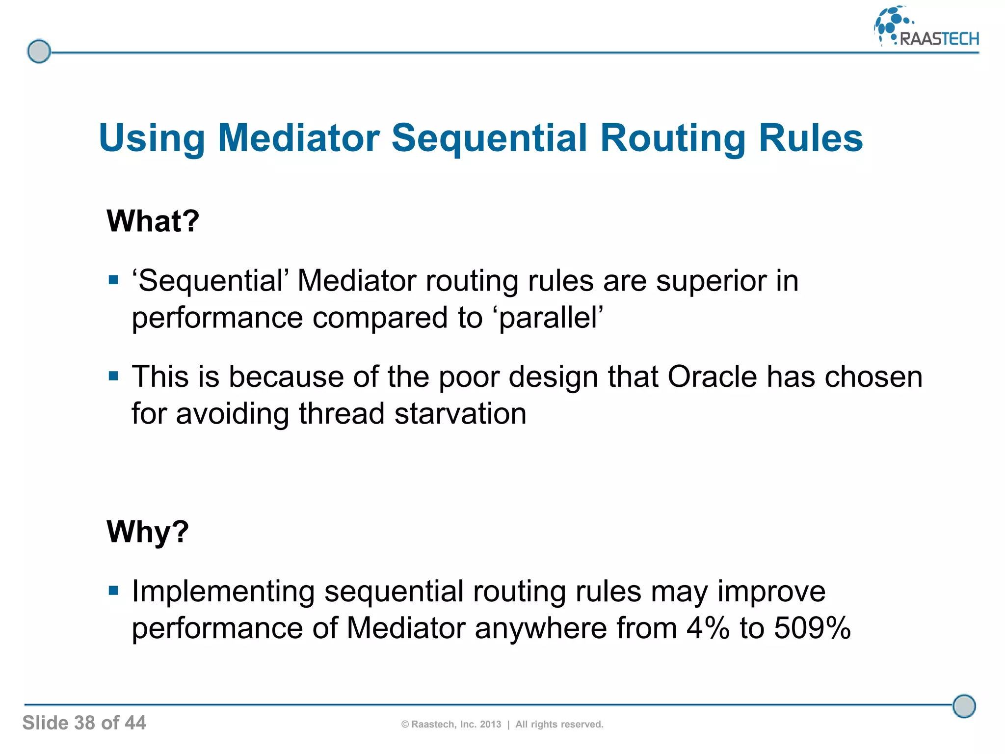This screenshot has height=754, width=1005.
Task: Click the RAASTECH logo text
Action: coord(939,39)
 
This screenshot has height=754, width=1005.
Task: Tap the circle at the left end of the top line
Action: coord(39,52)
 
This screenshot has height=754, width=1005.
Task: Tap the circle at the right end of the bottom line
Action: coord(964,706)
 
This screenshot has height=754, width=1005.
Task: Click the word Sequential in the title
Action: coord(489,138)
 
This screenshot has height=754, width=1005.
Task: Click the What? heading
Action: coord(153,221)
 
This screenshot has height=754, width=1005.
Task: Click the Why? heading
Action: coord(148,532)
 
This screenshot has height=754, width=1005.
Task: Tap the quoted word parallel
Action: coord(551,318)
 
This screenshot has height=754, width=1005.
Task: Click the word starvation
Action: coord(460,413)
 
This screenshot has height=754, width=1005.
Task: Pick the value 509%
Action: coord(812,628)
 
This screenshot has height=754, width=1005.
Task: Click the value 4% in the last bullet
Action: coord(708,628)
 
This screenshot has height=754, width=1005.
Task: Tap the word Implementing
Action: coord(223,592)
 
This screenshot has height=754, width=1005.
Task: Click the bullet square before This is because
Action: coord(114,377)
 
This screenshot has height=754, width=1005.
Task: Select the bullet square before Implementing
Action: coord(114,590)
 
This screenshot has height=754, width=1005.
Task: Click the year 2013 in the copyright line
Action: coord(490,725)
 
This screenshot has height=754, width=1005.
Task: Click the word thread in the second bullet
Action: coord(342,413)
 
